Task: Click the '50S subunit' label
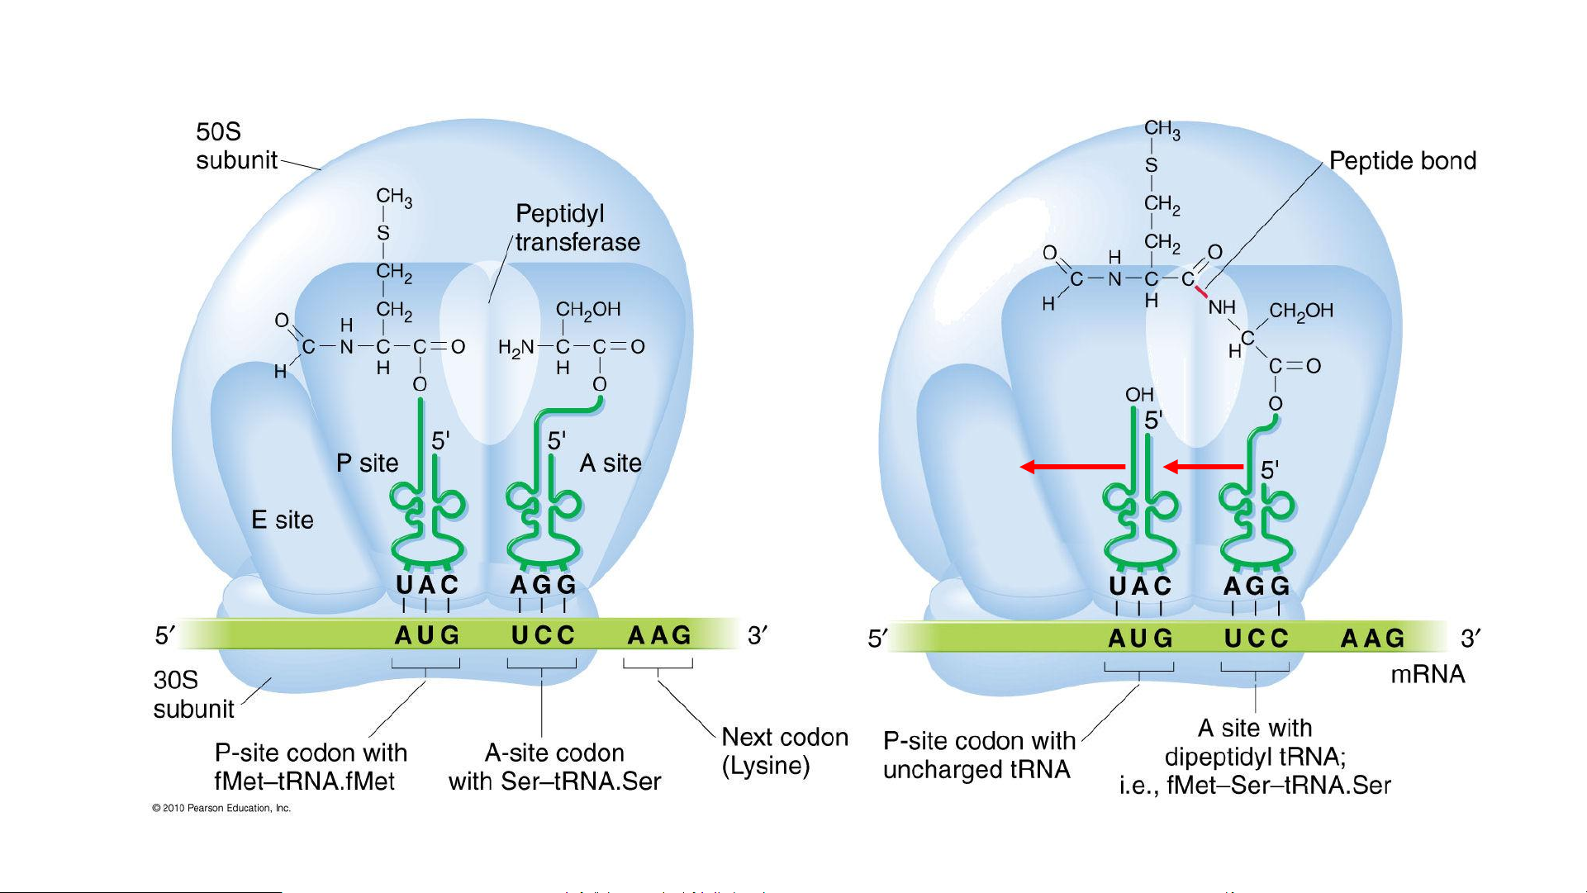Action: coord(235,145)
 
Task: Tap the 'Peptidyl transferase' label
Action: coord(577,228)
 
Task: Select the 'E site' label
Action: coord(283,520)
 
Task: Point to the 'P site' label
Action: coord(367,463)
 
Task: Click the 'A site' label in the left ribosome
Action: coord(611,463)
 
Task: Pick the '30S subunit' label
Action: coord(193,694)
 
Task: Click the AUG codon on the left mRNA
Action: coord(426,635)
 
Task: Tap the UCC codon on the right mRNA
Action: coord(1256,638)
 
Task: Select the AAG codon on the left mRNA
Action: coord(658,635)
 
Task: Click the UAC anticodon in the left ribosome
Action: coord(426,585)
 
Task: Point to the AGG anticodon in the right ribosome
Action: coord(1256,586)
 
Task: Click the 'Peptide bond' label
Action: coord(1402,161)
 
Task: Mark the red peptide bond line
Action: coord(1201,292)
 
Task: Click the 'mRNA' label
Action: coord(1428,674)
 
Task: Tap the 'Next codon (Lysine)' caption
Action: coord(784,751)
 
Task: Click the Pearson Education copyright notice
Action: coord(221,808)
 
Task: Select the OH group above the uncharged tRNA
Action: coord(1139,395)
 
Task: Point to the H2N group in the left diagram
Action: coord(516,348)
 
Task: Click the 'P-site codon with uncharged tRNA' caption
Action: coord(978,755)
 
